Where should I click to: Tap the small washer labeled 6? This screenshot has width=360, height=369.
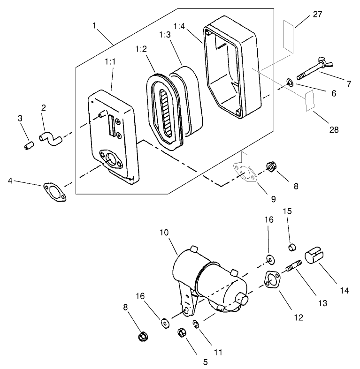290,83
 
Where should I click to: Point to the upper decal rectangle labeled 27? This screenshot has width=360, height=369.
289,34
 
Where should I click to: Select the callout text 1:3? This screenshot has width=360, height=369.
165,35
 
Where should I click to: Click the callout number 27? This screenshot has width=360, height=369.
317,14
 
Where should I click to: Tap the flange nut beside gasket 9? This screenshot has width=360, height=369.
271,166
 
